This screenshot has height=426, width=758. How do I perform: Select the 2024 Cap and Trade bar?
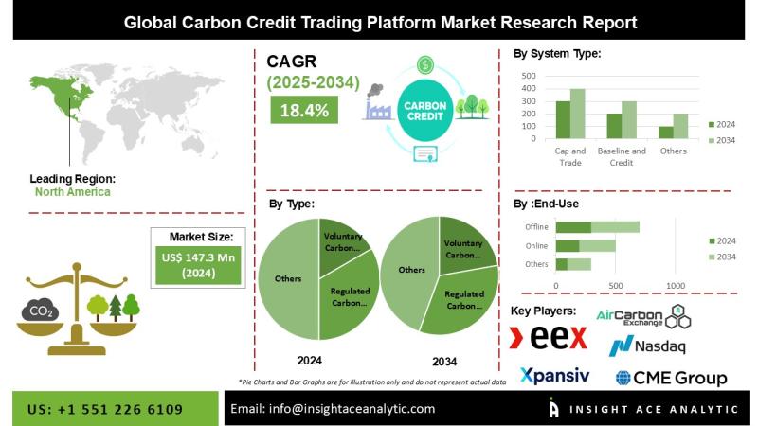coord(563,119)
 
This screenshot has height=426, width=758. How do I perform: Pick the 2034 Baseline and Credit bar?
coord(629,119)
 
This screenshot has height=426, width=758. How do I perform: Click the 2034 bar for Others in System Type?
coord(680,126)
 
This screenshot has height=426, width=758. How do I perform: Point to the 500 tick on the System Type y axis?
coord(529,76)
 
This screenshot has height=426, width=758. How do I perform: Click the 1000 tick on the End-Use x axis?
coord(676,285)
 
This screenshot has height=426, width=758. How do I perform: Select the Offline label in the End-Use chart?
coord(536,227)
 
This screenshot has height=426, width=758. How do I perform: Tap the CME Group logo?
coord(671,378)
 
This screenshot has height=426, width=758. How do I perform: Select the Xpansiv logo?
coord(554,376)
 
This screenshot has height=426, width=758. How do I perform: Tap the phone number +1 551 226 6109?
coord(105,408)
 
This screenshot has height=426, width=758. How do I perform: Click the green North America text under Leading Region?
coord(72,191)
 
